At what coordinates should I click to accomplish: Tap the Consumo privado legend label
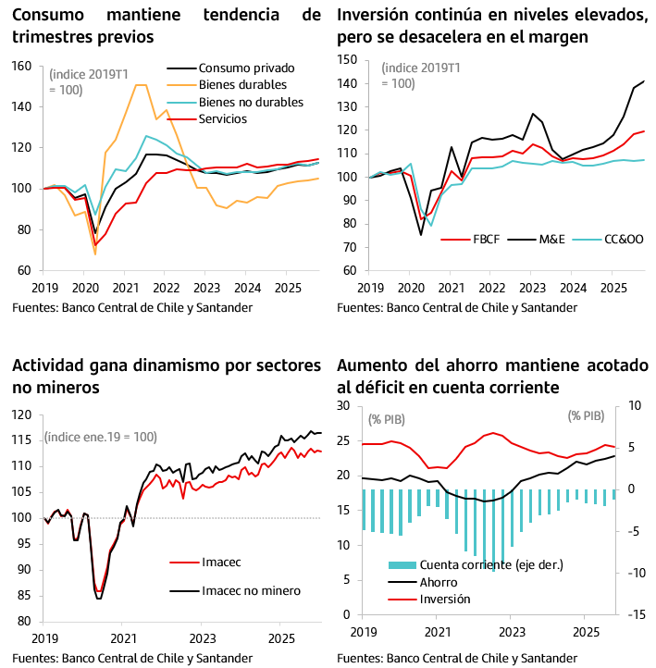click(246, 68)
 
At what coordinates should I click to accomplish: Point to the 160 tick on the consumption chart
click(22, 67)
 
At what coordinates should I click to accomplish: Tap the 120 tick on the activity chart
click(22, 414)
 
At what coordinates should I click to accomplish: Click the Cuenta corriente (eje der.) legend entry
click(490, 564)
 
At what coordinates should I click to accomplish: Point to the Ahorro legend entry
click(439, 582)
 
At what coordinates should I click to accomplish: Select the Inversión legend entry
click(445, 599)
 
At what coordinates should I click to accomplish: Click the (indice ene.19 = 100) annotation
click(101, 437)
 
